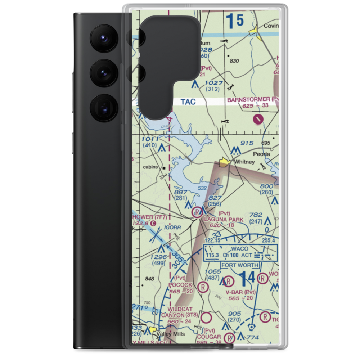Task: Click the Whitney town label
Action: coord(244,162)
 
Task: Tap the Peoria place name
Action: coord(261,154)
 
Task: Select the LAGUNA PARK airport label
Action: coord(224,219)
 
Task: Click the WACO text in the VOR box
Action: coord(240,249)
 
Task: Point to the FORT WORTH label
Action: coord(240,265)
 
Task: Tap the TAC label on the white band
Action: coord(188,102)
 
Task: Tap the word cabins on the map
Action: coord(151,167)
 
